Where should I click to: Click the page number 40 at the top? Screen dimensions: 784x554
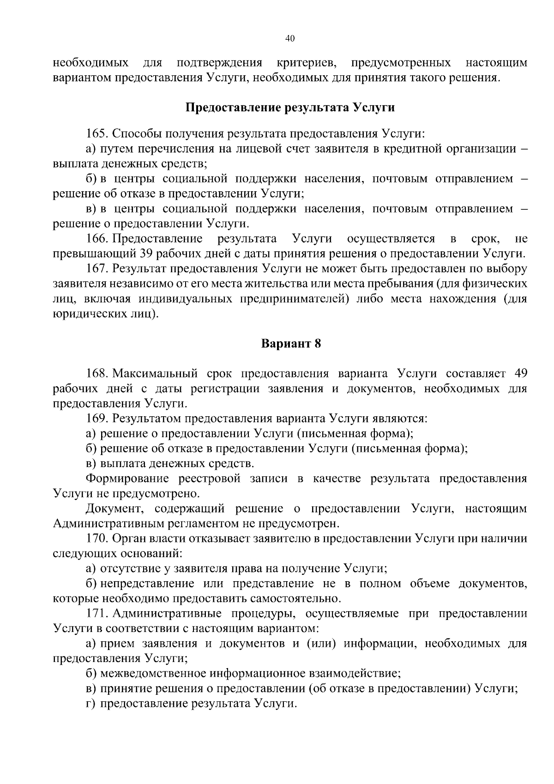(x=290, y=39)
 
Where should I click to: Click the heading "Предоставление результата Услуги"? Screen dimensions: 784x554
(x=290, y=108)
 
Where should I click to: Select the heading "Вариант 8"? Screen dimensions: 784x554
(x=291, y=344)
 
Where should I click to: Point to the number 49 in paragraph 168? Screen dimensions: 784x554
(x=519, y=373)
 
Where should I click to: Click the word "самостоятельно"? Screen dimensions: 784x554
(x=295, y=599)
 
